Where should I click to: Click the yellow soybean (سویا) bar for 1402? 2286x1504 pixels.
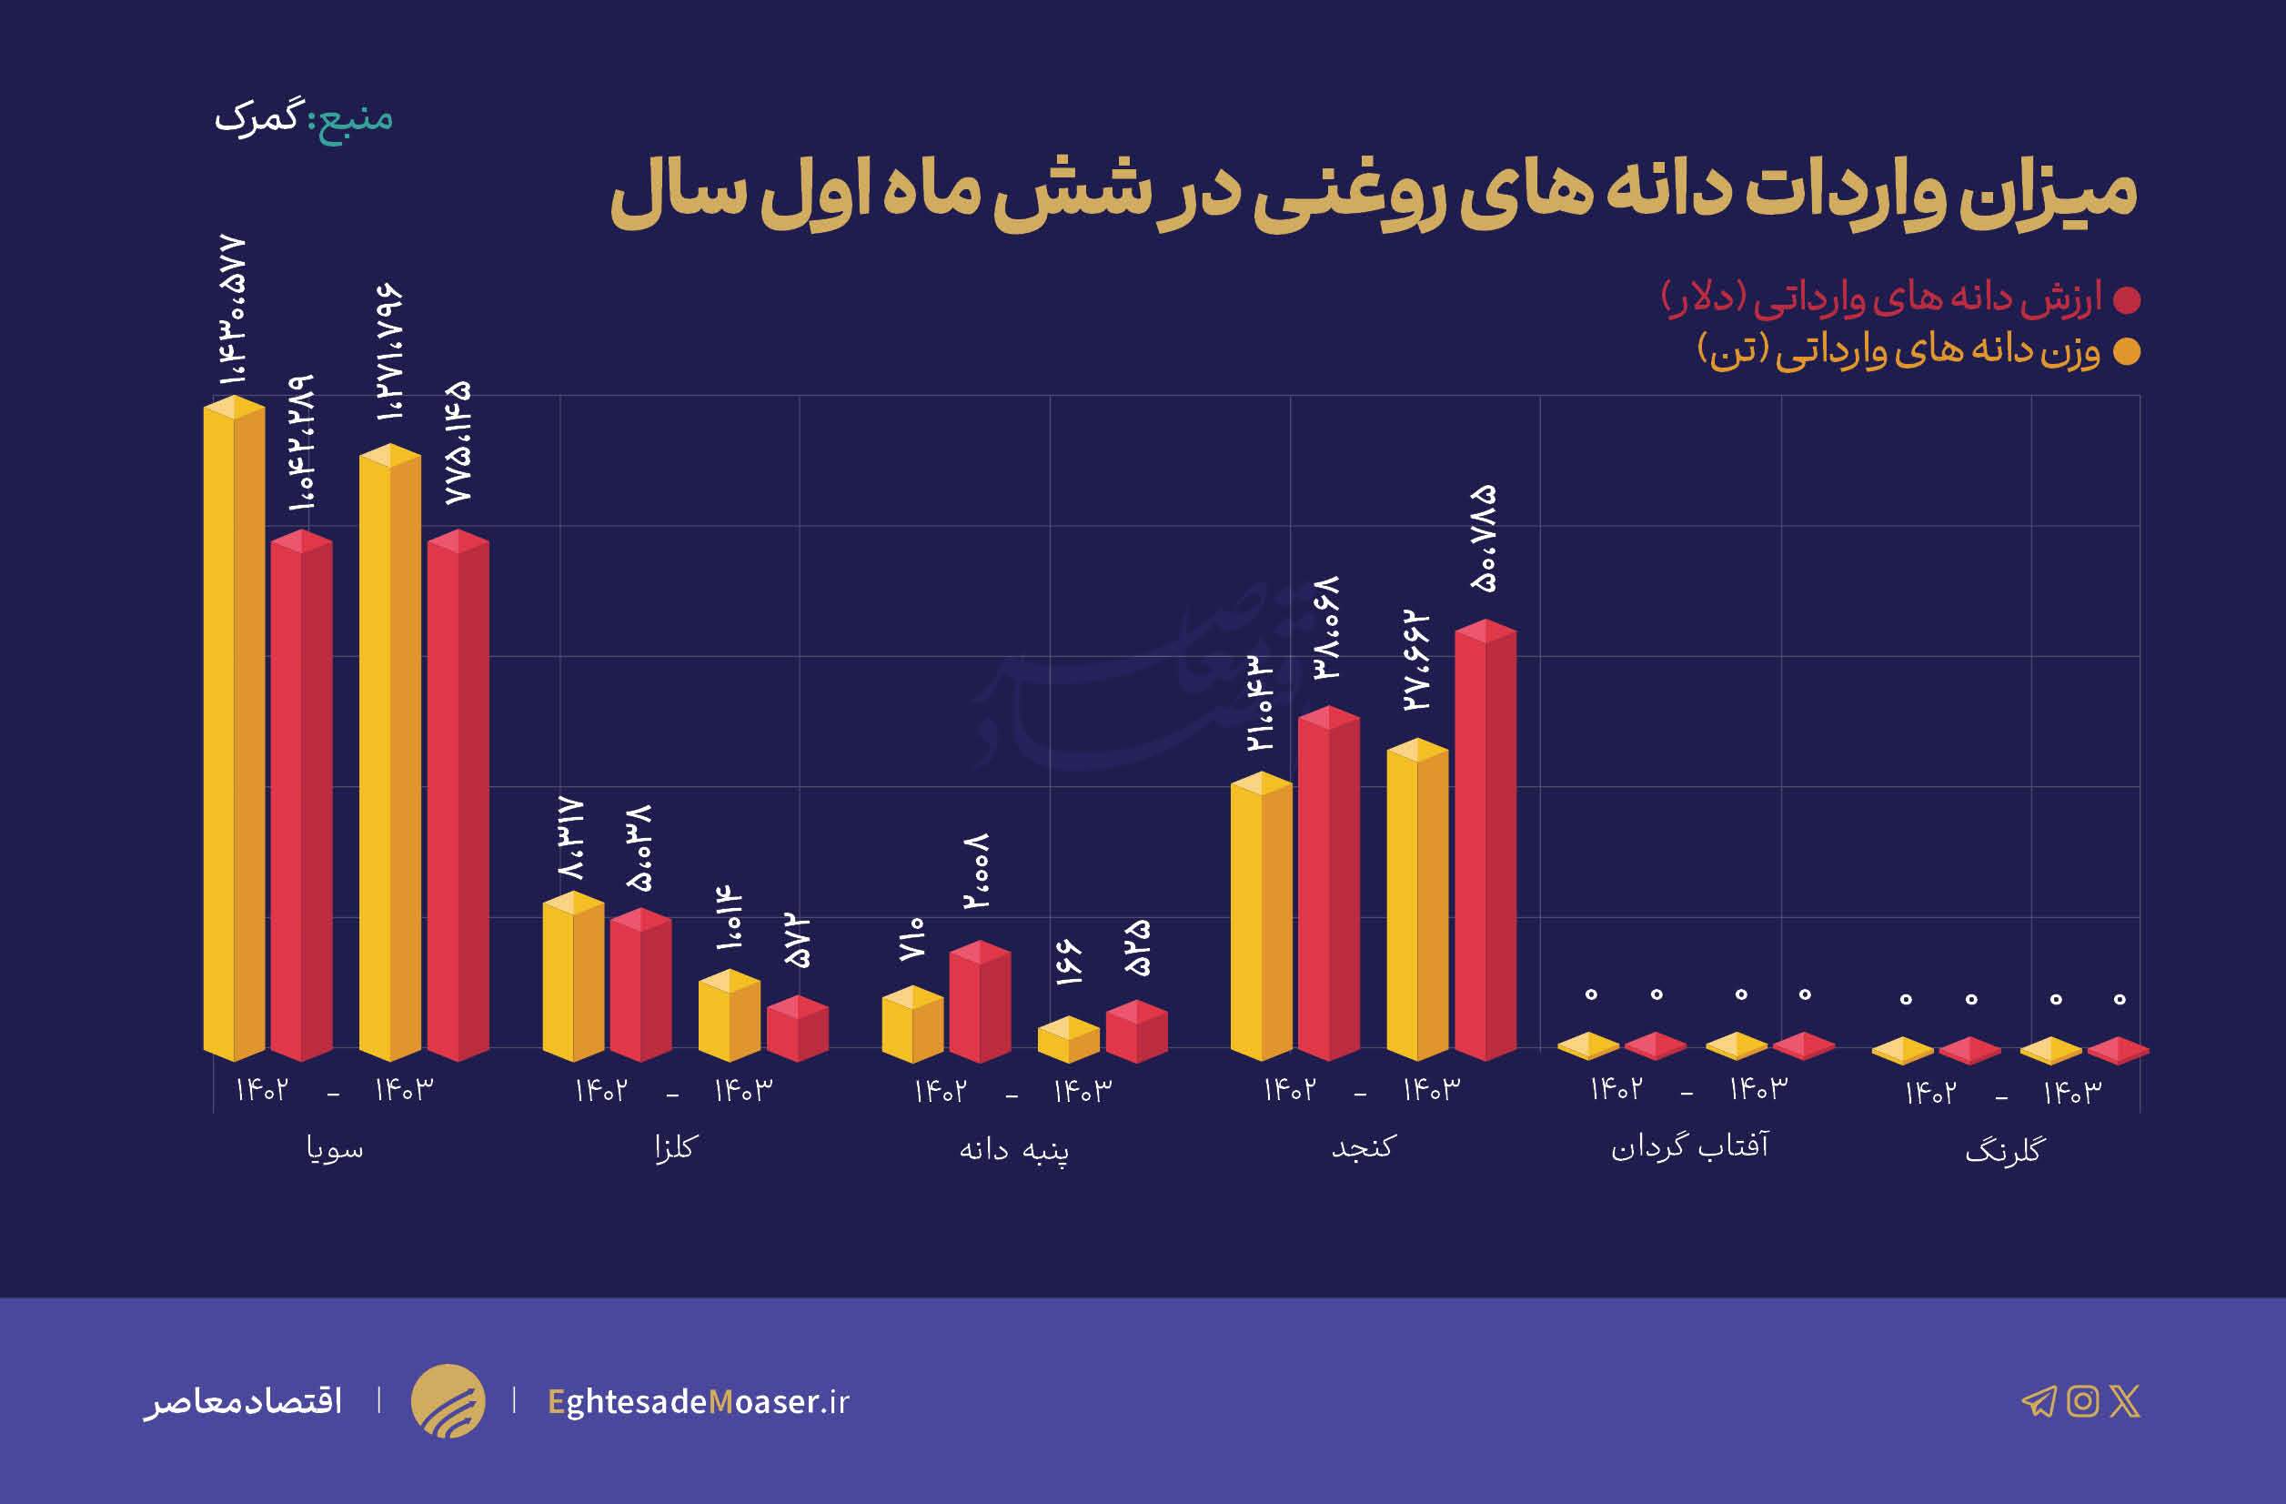tap(234, 730)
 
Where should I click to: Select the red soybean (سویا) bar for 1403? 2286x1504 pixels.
tap(458, 797)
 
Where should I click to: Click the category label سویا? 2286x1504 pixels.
tap(334, 1148)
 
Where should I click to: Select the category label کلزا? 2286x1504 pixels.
tap(673, 1147)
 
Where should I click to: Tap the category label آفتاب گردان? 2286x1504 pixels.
tap(1688, 1146)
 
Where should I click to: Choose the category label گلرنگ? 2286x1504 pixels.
tap(2005, 1151)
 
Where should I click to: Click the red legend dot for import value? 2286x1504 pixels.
tap(2127, 300)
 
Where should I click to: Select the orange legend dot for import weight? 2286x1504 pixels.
tap(2127, 352)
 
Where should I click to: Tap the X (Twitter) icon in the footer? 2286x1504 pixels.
tap(2126, 1401)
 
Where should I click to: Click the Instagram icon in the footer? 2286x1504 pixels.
tap(2082, 1401)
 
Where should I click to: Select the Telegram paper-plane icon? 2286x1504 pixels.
tap(2039, 1402)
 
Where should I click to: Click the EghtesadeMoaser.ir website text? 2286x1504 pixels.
tap(699, 1402)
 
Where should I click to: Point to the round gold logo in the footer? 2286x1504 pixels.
tap(448, 1401)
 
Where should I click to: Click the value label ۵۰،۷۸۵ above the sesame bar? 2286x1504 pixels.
tap(1483, 538)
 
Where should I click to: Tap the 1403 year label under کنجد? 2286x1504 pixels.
tap(1431, 1089)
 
